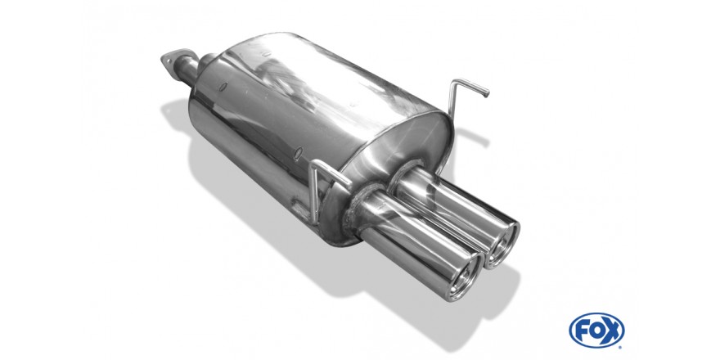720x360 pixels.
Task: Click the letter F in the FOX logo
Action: click(582, 331)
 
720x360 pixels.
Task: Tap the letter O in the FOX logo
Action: click(596, 331)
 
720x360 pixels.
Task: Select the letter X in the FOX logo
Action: click(613, 331)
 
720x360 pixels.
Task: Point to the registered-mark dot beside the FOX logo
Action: click(621, 346)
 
